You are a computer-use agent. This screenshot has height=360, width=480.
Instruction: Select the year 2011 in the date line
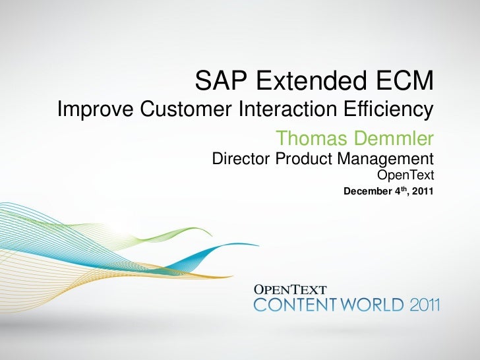tap(422, 192)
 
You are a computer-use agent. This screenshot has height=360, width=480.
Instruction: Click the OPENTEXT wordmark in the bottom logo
tap(290, 289)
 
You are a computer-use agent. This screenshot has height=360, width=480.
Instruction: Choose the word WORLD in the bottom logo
tap(371, 305)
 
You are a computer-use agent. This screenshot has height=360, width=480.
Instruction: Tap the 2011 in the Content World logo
tap(425, 305)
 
